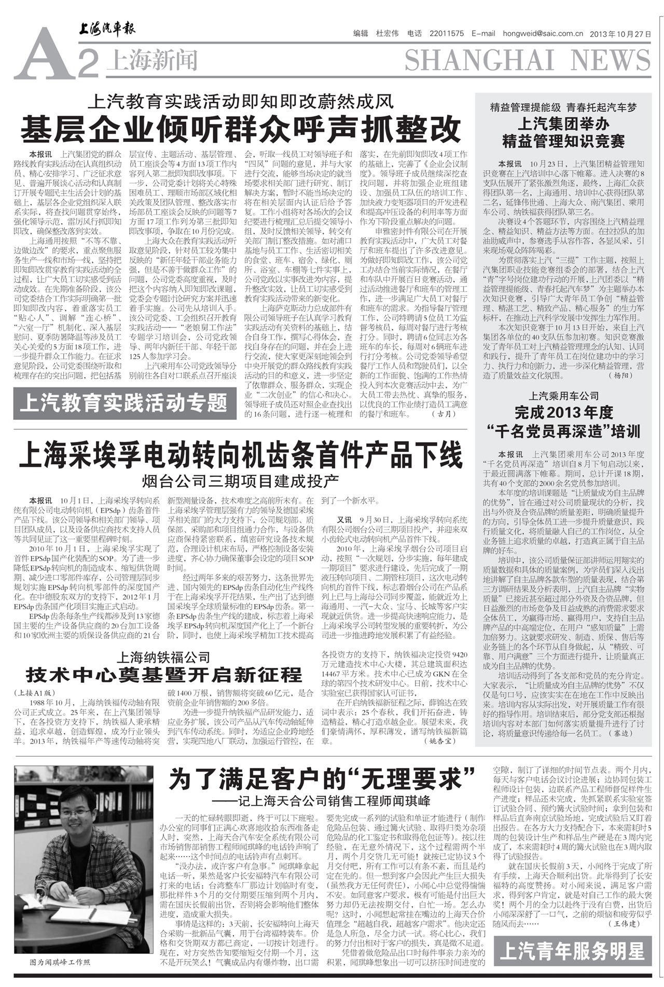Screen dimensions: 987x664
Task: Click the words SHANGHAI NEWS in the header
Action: (x=527, y=61)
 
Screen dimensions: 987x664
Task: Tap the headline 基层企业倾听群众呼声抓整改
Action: (x=241, y=130)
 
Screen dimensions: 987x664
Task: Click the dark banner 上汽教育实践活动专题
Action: (x=125, y=403)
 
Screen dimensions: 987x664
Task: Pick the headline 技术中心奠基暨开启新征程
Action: (x=164, y=675)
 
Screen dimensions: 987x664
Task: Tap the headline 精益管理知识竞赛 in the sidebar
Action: (x=563, y=141)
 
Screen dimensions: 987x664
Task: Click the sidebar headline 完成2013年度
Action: (x=563, y=413)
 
